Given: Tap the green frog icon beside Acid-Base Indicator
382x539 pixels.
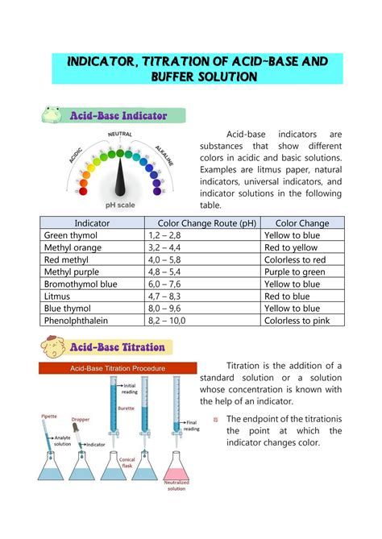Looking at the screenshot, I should [x=55, y=115].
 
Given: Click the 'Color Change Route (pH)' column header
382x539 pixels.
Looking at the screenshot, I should [x=202, y=223].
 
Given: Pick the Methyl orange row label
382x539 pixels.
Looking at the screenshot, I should [x=73, y=247].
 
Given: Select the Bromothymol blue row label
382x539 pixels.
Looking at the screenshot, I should [x=81, y=284].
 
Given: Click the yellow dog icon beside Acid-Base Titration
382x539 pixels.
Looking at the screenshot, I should [x=55, y=348].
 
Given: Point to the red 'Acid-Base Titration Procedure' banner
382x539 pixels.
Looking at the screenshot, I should [x=118, y=367].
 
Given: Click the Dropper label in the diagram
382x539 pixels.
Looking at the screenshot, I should [x=81, y=420].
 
